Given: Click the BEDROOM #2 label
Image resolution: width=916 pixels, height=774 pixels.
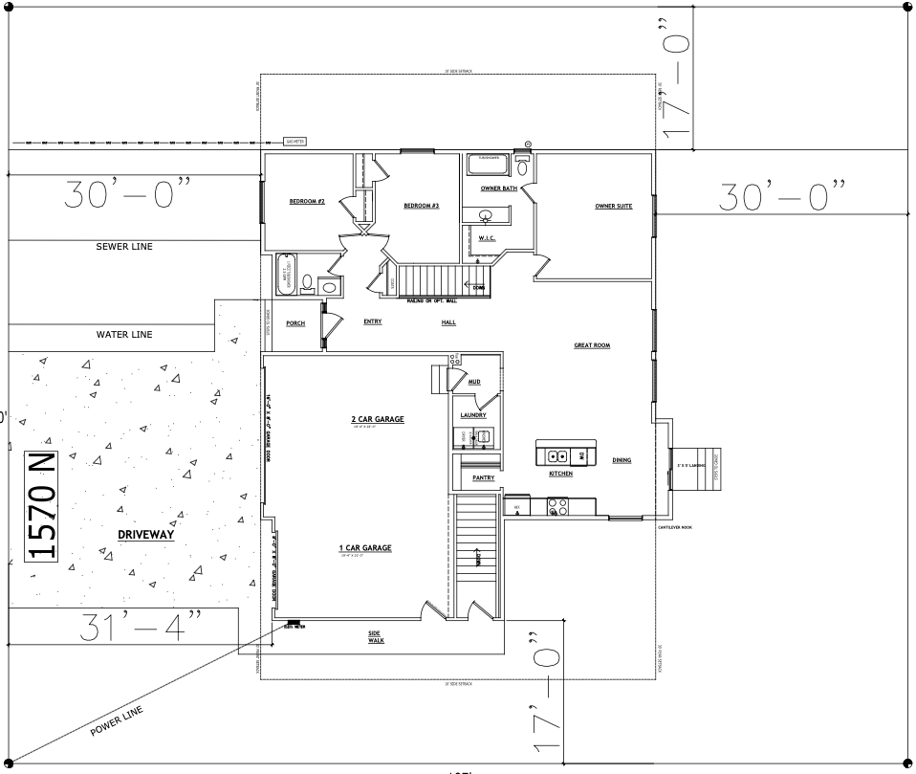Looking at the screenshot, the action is (308, 202).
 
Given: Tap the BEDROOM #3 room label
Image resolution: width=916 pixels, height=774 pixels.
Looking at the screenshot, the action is (421, 206).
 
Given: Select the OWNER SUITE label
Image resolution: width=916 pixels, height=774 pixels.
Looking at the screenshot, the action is (613, 206).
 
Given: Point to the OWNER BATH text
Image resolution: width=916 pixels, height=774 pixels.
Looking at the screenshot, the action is (498, 188).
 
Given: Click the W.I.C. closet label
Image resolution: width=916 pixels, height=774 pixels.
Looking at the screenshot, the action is (487, 238).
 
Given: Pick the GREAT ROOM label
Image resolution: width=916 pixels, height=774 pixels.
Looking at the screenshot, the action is (592, 345).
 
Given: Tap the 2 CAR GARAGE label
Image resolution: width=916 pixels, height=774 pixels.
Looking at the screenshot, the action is (378, 419).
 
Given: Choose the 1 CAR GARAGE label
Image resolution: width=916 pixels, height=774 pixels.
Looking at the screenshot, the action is (365, 548).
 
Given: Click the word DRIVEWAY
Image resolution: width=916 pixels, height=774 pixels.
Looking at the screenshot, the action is (146, 535).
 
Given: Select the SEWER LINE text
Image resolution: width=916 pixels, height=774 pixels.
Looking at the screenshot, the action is (124, 247).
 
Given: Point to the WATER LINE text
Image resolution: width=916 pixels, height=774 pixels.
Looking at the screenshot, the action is (124, 335).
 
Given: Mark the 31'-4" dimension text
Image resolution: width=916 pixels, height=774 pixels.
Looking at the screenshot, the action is (127, 627).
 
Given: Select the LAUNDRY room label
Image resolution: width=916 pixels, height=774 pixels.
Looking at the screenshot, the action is (473, 415).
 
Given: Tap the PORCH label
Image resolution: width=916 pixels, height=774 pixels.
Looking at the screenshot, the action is (295, 323).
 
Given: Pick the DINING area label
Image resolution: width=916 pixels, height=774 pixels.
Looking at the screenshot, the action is (622, 461).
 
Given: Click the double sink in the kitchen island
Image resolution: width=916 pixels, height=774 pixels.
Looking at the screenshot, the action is (563, 455).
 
